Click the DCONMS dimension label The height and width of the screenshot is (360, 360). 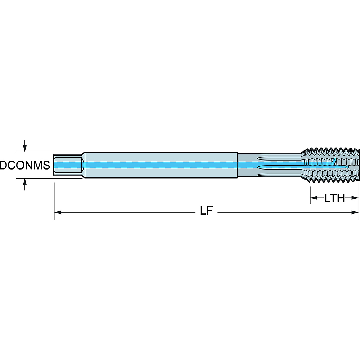[24, 166]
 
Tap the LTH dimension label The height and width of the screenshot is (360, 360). [334, 198]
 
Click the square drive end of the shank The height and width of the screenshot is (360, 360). [67, 165]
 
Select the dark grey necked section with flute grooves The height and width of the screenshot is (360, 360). [268, 165]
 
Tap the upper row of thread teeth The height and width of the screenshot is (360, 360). [331, 151]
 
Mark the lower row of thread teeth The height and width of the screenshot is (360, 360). [331, 180]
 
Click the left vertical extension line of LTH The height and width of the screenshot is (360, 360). [310, 193]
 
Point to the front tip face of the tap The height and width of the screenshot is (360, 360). [359, 165]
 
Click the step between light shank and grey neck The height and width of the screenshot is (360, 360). [237, 165]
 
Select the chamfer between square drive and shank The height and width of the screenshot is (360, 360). [83, 165]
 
